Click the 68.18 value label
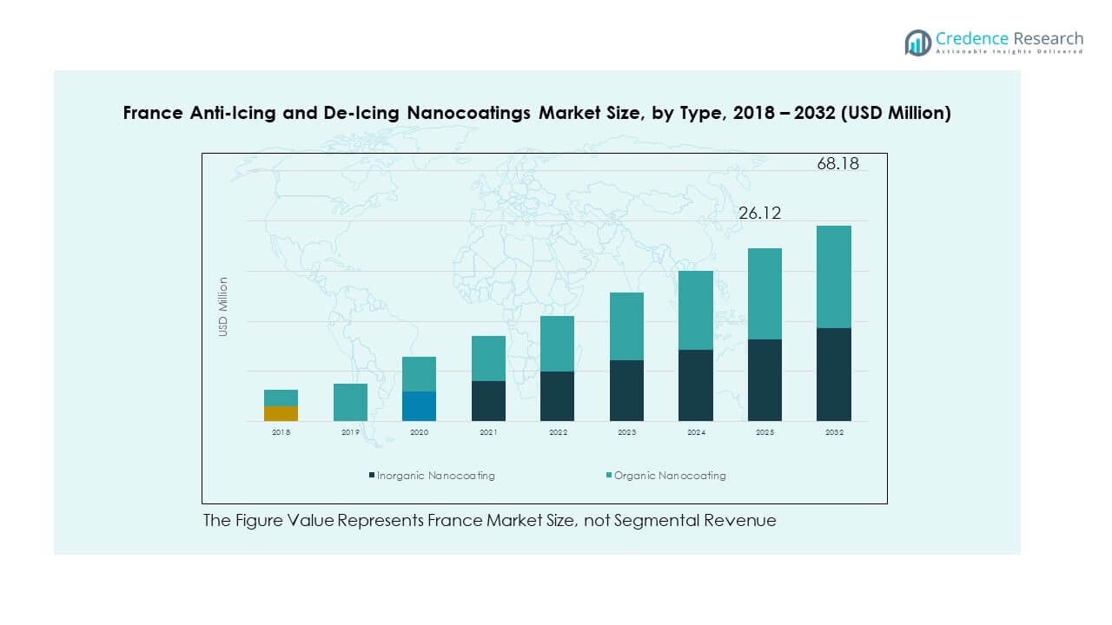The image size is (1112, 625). [x=837, y=163]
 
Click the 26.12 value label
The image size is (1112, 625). [x=759, y=213]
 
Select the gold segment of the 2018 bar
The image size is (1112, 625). [x=281, y=413]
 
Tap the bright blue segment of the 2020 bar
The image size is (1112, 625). [x=419, y=406]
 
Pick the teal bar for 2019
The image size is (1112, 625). [x=350, y=402]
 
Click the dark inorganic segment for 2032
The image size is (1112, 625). [x=833, y=374]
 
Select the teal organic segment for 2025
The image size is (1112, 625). [x=764, y=293]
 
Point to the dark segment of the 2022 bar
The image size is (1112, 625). [x=557, y=396]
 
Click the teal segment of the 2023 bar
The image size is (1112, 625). [x=626, y=326]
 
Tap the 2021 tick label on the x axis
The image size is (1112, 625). [x=488, y=431]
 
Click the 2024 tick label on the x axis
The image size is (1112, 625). [x=695, y=431]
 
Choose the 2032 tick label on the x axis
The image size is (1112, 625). [x=833, y=431]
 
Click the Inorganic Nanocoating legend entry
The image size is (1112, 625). [x=432, y=476]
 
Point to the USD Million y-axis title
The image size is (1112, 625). [x=223, y=306]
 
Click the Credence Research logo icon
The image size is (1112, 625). [x=917, y=42]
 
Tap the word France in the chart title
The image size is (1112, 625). [x=152, y=114]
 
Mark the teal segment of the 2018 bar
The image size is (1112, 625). [x=281, y=398]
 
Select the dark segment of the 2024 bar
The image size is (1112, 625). [x=695, y=385]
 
